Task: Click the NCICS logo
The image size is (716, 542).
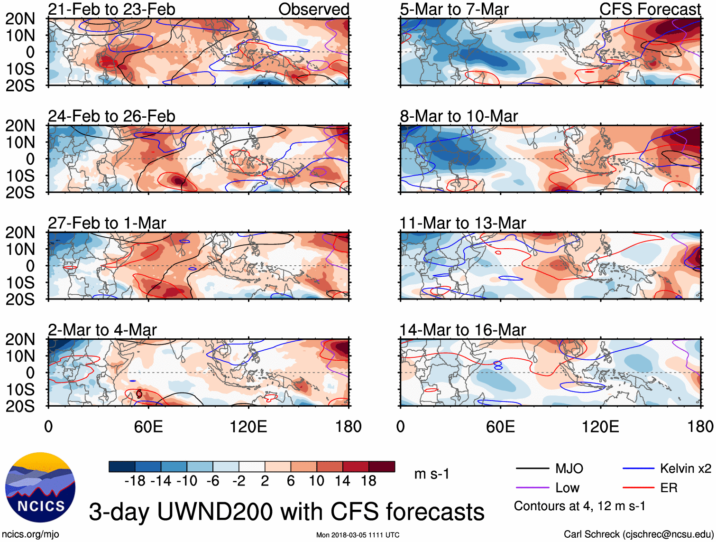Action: pyautogui.click(x=40, y=487)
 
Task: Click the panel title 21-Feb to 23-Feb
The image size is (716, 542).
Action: pyautogui.click(x=111, y=9)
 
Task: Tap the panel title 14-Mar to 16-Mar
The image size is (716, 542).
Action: pyautogui.click(x=463, y=330)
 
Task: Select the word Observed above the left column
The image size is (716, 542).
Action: pyautogui.click(x=313, y=9)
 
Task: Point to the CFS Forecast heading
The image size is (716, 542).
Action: pyautogui.click(x=650, y=9)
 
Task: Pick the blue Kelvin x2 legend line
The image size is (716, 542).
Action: pyautogui.click(x=638, y=469)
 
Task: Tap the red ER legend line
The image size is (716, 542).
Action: pyautogui.click(x=638, y=487)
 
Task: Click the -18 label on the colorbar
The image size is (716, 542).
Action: pyautogui.click(x=135, y=481)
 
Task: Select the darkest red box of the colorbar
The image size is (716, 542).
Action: pyautogui.click(x=382, y=467)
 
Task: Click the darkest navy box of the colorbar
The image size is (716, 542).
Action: pyautogui.click(x=122, y=467)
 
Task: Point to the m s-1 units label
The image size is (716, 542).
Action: pyautogui.click(x=431, y=474)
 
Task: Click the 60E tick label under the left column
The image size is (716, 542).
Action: pyautogui.click(x=148, y=427)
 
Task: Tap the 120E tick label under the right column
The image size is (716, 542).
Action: pyautogui.click(x=600, y=427)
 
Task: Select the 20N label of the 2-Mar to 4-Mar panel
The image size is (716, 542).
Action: pyautogui.click(x=20, y=340)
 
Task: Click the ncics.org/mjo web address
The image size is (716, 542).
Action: pyautogui.click(x=30, y=534)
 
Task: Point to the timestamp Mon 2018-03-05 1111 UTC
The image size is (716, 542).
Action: pyautogui.click(x=358, y=535)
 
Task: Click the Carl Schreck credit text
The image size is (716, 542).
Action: pyautogui.click(x=638, y=534)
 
